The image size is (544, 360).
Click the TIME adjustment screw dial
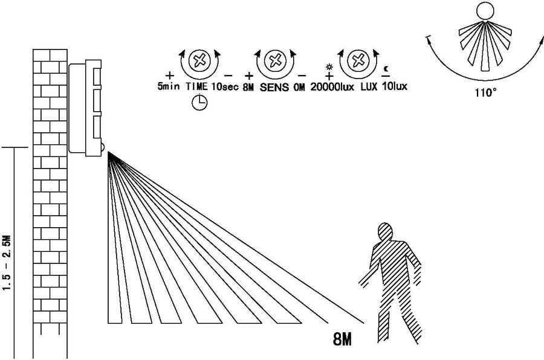pyautogui.click(x=199, y=60)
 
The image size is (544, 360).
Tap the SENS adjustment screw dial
pyautogui.click(x=275, y=60)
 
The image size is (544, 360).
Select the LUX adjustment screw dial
pyautogui.click(x=358, y=60)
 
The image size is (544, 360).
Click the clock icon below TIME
pyautogui.click(x=199, y=103)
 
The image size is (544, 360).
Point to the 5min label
pyautogui.click(x=169, y=86)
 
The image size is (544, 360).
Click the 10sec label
pyautogui.click(x=225, y=86)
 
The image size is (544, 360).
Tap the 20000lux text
pyautogui.click(x=332, y=87)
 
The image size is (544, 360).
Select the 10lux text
pyautogui.click(x=395, y=86)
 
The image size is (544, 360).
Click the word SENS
pyautogui.click(x=274, y=87)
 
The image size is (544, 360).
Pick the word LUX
pyautogui.click(x=369, y=86)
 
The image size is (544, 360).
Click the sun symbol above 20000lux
pyautogui.click(x=329, y=66)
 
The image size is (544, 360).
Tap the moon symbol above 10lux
pyautogui.click(x=386, y=69)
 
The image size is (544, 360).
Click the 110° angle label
pyautogui.click(x=486, y=92)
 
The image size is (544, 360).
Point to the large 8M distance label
pyautogui.click(x=343, y=339)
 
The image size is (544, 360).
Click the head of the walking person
pyautogui.click(x=385, y=232)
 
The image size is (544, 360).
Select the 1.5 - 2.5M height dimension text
pyautogui.click(x=7, y=263)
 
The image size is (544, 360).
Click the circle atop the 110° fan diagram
pyautogui.click(x=485, y=11)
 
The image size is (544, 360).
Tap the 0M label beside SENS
pyautogui.click(x=299, y=87)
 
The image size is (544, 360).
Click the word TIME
pyautogui.click(x=196, y=86)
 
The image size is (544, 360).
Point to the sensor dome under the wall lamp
pyautogui.click(x=103, y=149)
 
